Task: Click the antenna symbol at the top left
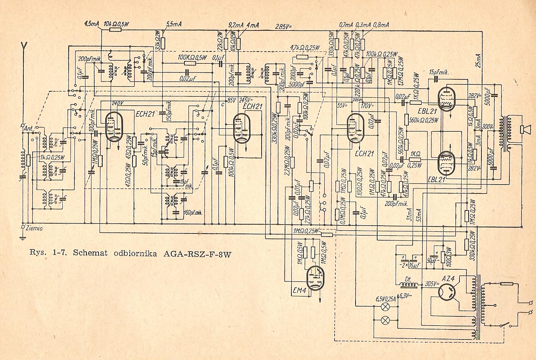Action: click(x=24, y=46)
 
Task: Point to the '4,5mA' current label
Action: click(x=92, y=24)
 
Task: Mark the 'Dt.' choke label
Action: click(x=408, y=279)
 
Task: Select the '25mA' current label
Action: click(x=480, y=62)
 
